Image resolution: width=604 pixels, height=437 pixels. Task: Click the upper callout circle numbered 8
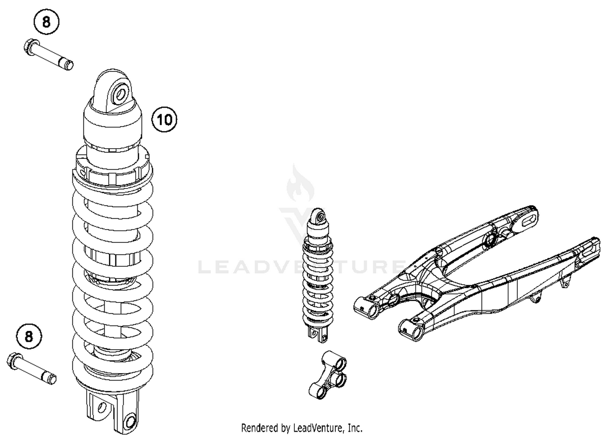coord(46,22)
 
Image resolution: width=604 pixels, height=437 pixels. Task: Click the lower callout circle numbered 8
coord(29,336)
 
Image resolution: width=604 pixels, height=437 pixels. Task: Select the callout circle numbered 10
coord(164,119)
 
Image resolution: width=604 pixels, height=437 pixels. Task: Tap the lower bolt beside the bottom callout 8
coord(32,367)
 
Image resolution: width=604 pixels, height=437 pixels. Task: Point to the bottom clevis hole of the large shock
coord(130,421)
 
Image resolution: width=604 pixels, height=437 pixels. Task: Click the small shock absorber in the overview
coord(318,274)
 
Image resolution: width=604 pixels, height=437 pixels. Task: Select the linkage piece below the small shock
coord(328,373)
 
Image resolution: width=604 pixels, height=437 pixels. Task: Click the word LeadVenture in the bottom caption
coord(318,427)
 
